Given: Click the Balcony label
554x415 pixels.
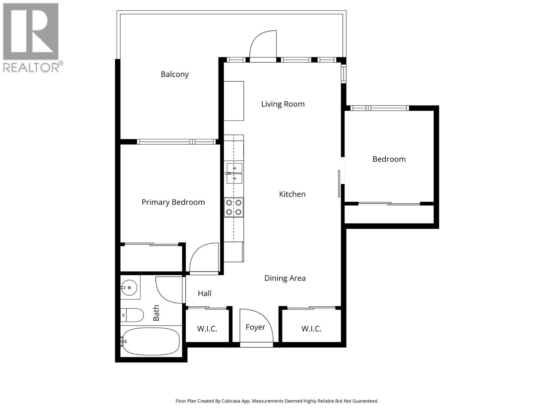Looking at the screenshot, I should tap(175, 74).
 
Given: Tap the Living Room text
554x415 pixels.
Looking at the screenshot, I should tap(283, 104).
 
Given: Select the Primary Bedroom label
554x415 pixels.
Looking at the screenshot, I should tap(173, 202).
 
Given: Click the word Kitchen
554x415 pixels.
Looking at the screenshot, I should tap(292, 194).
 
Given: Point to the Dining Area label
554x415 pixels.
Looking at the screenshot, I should tap(285, 278).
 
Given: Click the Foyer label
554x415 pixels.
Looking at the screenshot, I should tap(255, 328).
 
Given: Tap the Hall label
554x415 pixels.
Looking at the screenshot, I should tap(204, 294).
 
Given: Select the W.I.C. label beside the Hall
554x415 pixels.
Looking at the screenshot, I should tap(207, 329).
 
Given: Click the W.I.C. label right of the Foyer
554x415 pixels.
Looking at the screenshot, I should tap(311, 329).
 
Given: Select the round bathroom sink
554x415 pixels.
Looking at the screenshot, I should tap(129, 287).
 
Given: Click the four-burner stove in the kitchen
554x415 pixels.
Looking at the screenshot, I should tap(234, 207).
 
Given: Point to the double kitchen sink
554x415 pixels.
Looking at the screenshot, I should tap(234, 174).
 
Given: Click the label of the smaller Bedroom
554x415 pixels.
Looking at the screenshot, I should tap(389, 159).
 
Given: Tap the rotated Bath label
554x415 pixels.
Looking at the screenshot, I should tap(156, 313).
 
